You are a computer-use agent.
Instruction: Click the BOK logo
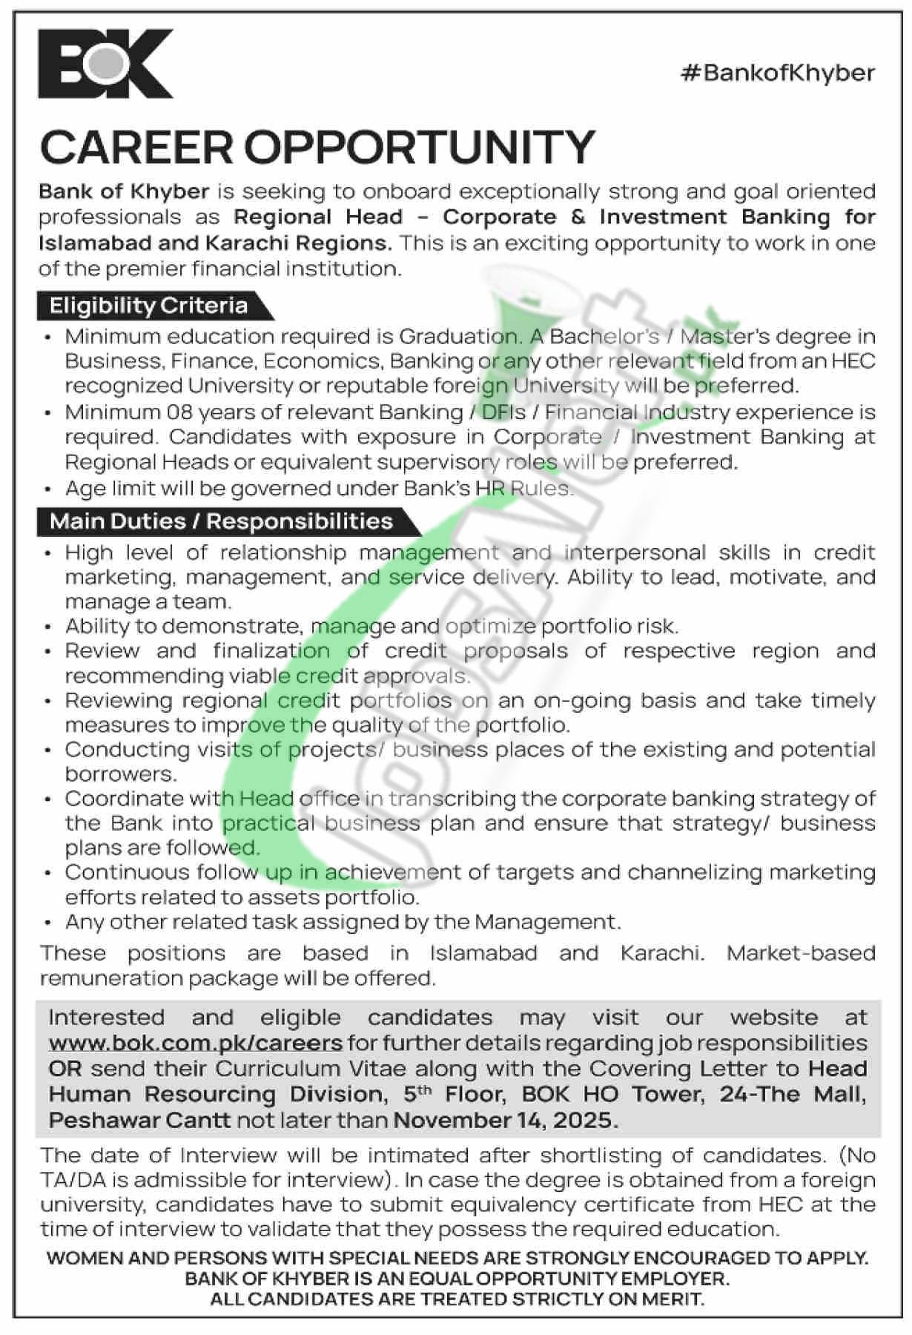coord(106,64)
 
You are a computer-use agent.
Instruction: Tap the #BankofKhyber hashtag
coord(778,73)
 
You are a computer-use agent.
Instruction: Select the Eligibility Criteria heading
coord(148,306)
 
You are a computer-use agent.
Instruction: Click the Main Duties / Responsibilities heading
coord(221,521)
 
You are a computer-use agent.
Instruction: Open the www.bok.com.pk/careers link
coord(195,1043)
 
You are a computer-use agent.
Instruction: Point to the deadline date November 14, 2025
coord(505,1120)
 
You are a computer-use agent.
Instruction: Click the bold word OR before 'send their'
coord(62,1069)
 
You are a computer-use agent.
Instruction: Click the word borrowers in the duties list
coord(119,774)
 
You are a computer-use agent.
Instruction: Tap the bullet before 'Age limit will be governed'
coord(48,489)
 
